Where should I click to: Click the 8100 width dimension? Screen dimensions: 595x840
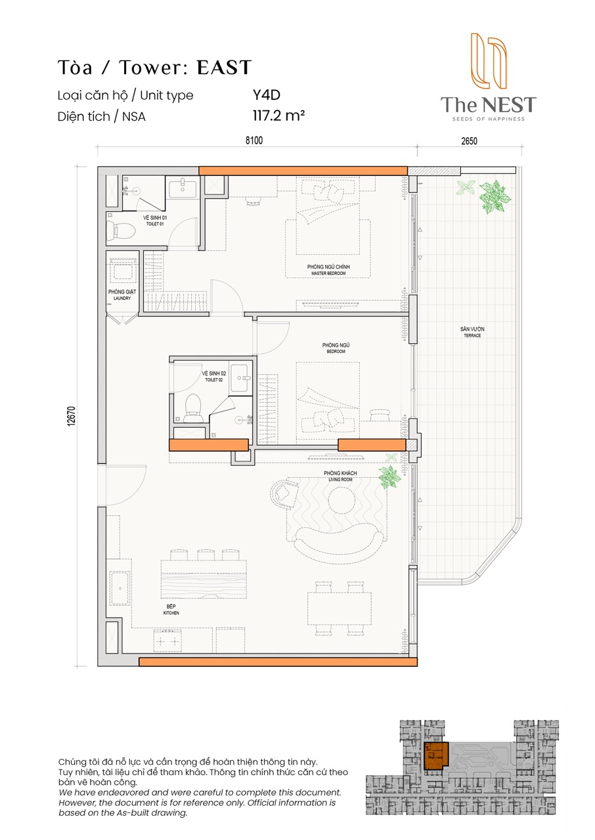pyautogui.click(x=254, y=140)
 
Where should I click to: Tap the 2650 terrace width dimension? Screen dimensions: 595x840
pyautogui.click(x=469, y=141)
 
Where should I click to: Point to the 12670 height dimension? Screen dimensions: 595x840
pyautogui.click(x=72, y=416)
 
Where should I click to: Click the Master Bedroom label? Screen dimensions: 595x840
pyautogui.click(x=328, y=270)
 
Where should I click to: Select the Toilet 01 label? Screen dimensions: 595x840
pyautogui.click(x=155, y=220)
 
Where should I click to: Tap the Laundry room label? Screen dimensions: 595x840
pyautogui.click(x=122, y=295)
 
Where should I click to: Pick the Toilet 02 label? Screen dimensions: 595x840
pyautogui.click(x=214, y=377)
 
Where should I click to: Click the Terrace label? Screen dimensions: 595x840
pyautogui.click(x=472, y=332)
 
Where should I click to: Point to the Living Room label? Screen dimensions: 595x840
pyautogui.click(x=340, y=476)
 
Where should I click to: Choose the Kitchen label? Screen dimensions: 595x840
pyautogui.click(x=171, y=610)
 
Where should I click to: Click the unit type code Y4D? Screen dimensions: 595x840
pyautogui.click(x=267, y=95)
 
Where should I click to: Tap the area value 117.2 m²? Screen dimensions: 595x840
pyautogui.click(x=278, y=115)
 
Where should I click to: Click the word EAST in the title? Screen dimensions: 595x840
pyautogui.click(x=224, y=68)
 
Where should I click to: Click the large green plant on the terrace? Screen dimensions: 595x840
pyautogui.click(x=495, y=198)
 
